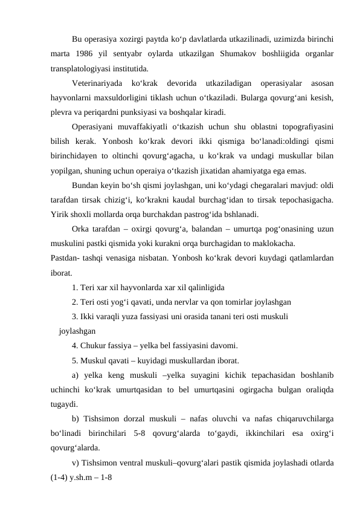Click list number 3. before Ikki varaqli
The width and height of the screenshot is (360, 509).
click(x=75, y=316)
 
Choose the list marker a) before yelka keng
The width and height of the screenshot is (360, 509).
click(x=76, y=375)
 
